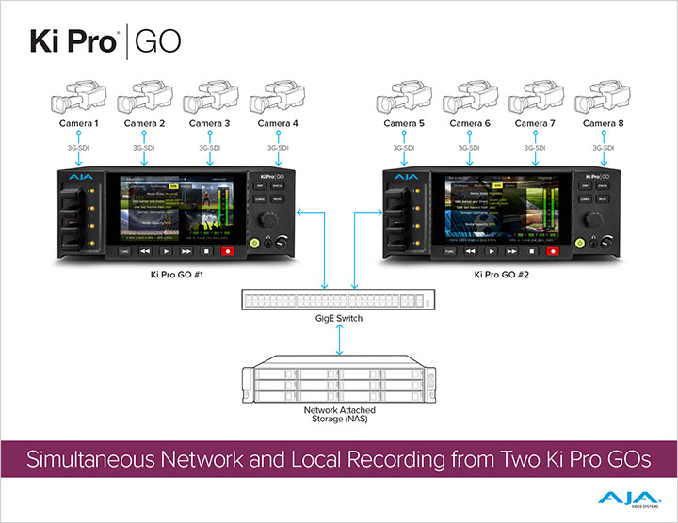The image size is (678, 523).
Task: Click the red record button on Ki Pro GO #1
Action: click(x=226, y=251)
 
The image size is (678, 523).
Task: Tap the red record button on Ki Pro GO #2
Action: click(x=553, y=251)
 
